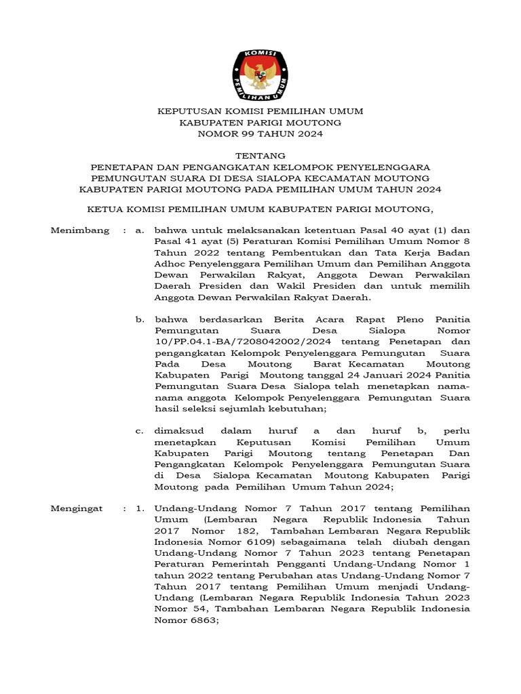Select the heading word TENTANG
[260, 156]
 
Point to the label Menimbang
[80, 230]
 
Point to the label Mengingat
[79, 508]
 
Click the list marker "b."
[139, 319]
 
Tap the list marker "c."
[139, 430]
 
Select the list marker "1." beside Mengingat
[139, 508]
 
